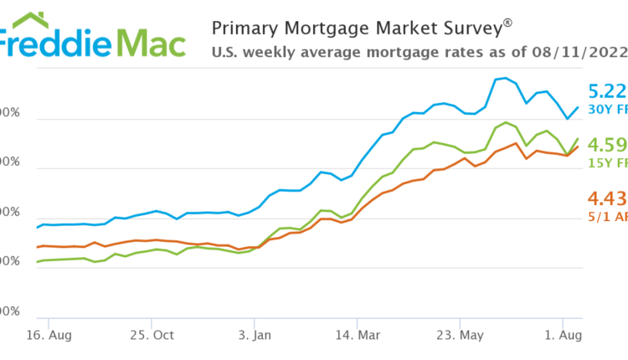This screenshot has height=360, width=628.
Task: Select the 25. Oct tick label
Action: (151, 336)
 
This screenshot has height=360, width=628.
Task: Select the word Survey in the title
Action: (470, 28)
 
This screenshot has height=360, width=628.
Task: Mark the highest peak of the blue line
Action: (505, 78)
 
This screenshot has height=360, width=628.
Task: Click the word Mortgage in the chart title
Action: (325, 28)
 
